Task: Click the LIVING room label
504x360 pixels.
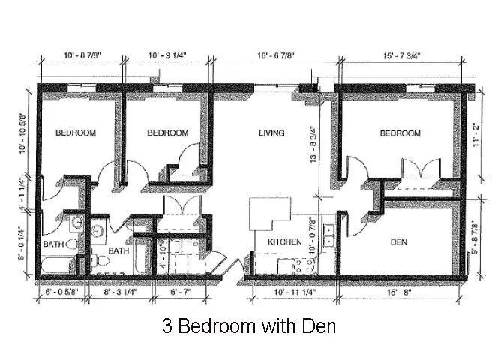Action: point(271,133)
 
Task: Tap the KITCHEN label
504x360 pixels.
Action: point(285,241)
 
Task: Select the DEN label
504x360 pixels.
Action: point(398,241)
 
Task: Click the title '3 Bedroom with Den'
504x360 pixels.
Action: point(249,325)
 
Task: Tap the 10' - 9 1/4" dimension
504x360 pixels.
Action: point(167,55)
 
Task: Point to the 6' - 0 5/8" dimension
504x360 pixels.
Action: point(61,292)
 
